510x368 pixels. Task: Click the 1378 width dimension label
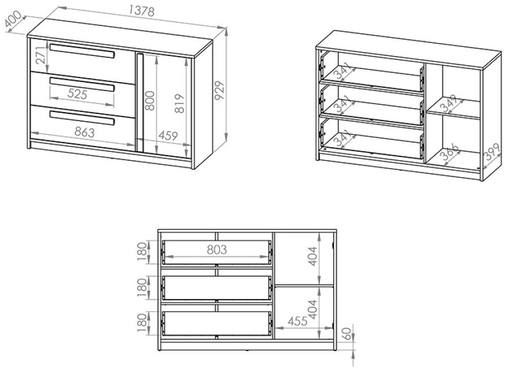(x=141, y=11)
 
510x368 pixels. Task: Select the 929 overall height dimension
(x=220, y=91)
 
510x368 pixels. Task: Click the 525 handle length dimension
(x=78, y=95)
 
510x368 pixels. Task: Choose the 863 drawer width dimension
(x=84, y=132)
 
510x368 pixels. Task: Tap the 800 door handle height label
(x=150, y=100)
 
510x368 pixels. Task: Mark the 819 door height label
(x=179, y=104)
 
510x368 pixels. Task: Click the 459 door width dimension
(x=168, y=135)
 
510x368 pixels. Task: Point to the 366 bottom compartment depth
(x=450, y=152)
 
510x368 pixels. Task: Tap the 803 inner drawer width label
(x=217, y=250)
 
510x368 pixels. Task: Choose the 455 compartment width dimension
(x=297, y=321)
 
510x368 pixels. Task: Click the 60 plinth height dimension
(x=347, y=334)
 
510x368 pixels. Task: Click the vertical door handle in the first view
(x=140, y=102)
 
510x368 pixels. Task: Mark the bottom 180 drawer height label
(x=142, y=323)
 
